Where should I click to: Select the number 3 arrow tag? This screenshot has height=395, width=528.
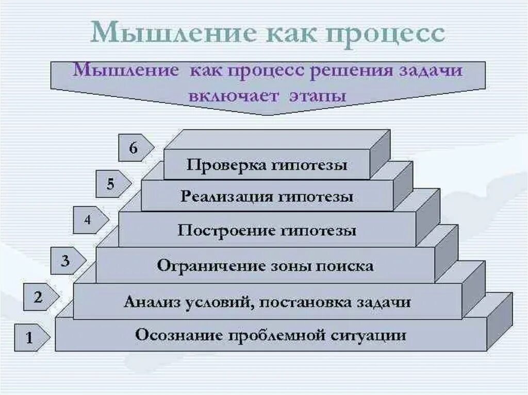click(x=67, y=261)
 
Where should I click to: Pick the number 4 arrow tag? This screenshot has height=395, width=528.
click(x=89, y=220)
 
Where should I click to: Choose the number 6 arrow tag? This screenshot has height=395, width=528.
click(x=135, y=148)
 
